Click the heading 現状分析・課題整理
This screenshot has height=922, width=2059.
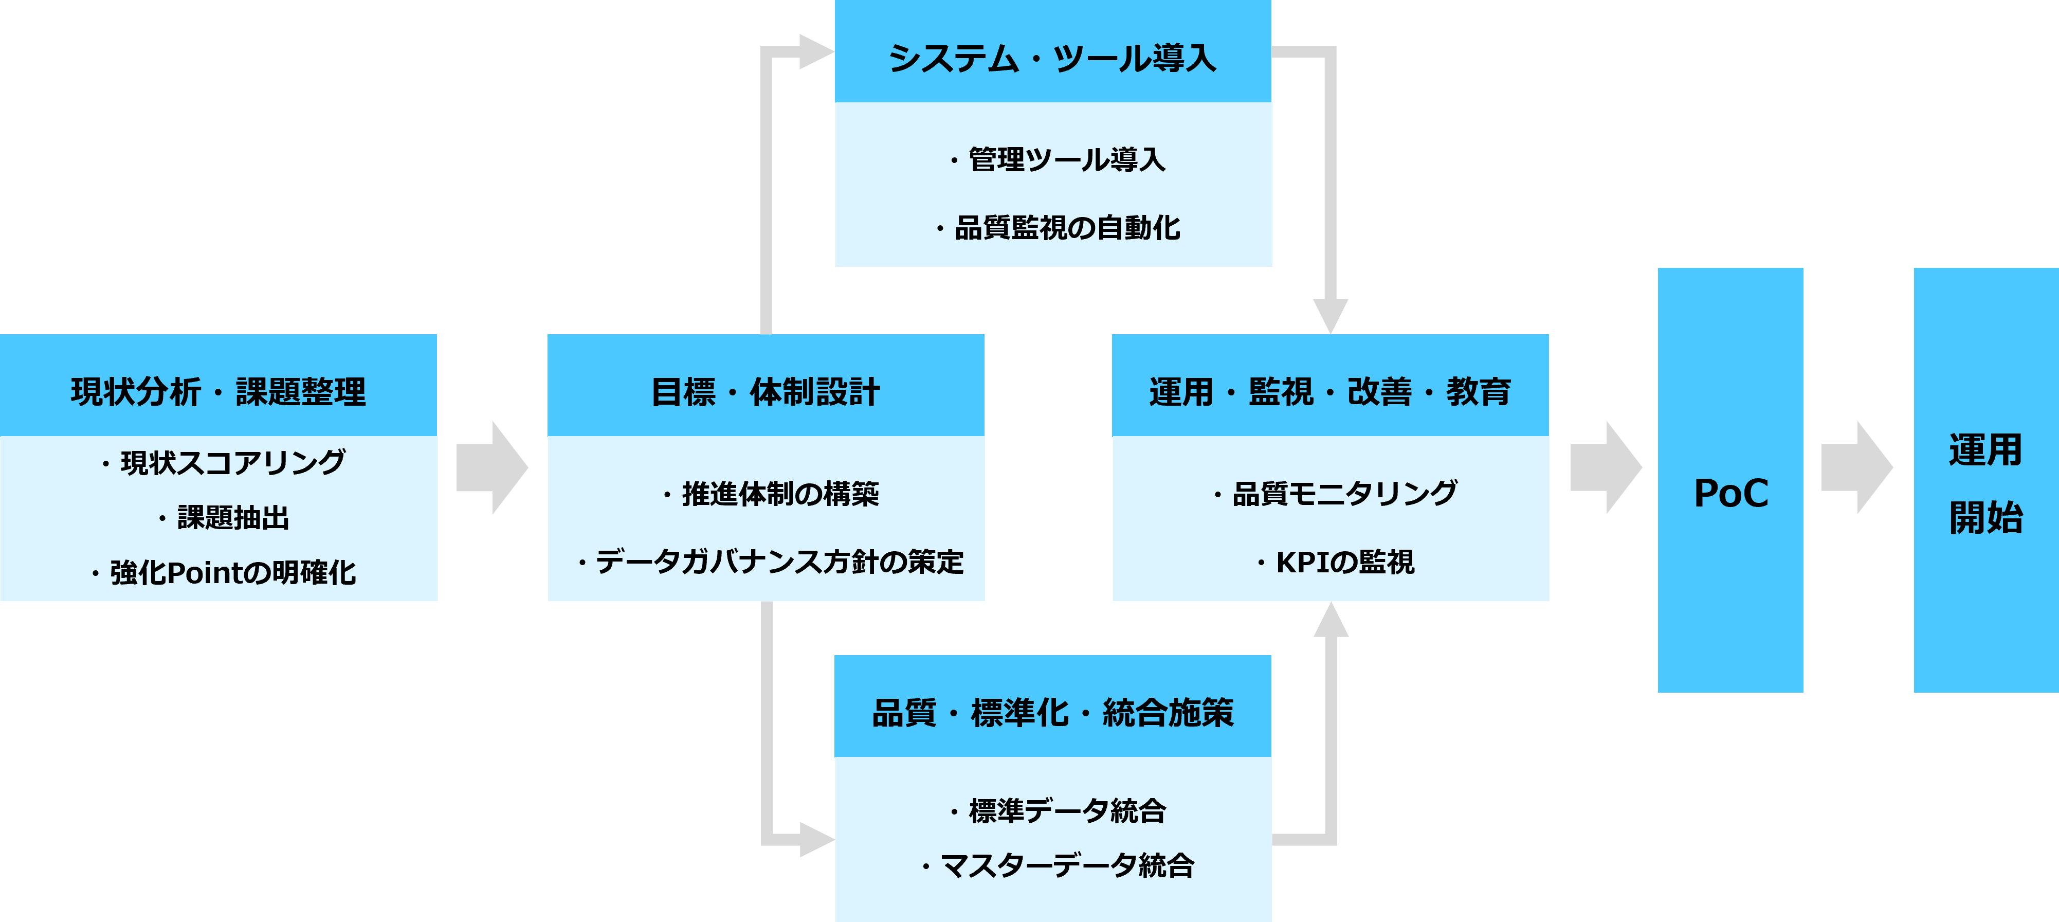pos(218,392)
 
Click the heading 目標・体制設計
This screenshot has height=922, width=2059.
pos(765,392)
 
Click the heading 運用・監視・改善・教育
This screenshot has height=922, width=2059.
pos(1330,392)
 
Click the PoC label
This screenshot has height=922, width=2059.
pos(1730,493)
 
